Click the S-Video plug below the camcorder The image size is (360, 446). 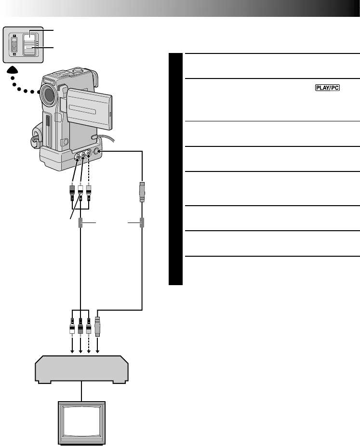pyautogui.click(x=142, y=192)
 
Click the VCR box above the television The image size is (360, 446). pyautogui.click(x=81, y=368)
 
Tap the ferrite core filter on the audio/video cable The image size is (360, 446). pyautogui.click(x=81, y=223)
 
